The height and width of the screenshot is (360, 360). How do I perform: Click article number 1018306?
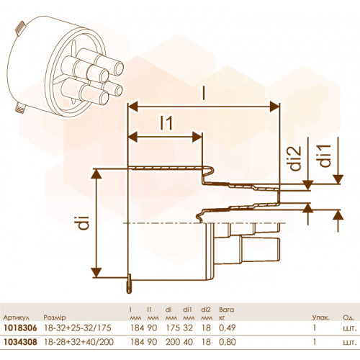point(20,328)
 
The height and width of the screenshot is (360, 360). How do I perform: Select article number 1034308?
point(20,342)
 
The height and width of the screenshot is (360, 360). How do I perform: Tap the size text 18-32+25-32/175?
point(78,328)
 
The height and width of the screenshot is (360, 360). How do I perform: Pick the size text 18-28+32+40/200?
point(78,342)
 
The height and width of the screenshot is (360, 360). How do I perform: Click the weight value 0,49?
point(228,328)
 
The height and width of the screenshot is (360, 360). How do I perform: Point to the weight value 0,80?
point(228,342)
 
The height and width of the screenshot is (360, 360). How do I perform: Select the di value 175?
point(173,328)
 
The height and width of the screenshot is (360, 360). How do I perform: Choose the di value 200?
point(173,342)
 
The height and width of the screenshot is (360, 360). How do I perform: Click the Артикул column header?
point(17,318)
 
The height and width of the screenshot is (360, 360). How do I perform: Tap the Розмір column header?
point(55,318)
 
